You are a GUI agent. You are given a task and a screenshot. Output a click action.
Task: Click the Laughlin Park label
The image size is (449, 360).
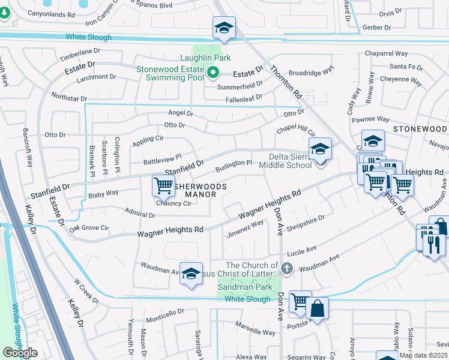[x=206, y=58]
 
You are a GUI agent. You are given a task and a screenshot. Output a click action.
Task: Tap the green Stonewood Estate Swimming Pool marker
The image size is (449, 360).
[x=212, y=74]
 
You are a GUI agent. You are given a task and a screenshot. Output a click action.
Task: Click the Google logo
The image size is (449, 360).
[x=20, y=353]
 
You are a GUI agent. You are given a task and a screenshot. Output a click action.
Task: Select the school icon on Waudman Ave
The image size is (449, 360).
[x=191, y=274]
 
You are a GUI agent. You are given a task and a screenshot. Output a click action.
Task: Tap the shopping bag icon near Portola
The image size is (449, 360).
[x=317, y=308]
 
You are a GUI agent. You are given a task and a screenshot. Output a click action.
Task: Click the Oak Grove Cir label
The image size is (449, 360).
[x=89, y=228]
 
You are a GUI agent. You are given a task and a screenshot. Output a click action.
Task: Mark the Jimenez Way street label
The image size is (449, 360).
[x=245, y=228]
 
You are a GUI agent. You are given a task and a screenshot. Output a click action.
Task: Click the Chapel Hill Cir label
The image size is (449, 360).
[x=295, y=131]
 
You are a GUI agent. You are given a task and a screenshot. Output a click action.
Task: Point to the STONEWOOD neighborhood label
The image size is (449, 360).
[x=420, y=129]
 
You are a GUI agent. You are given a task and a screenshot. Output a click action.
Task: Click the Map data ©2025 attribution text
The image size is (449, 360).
[x=423, y=355]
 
